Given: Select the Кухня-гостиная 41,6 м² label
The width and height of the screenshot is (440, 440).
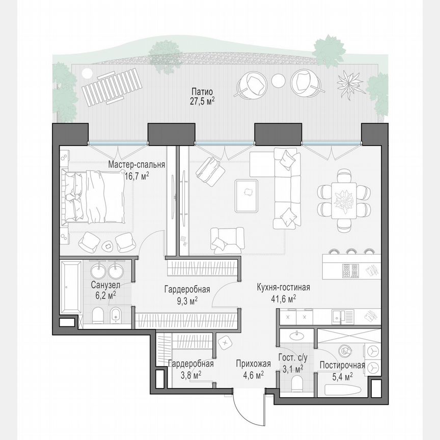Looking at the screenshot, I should pyautogui.click(x=283, y=293).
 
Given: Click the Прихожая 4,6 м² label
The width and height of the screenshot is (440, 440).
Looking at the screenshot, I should pyautogui.click(x=250, y=369).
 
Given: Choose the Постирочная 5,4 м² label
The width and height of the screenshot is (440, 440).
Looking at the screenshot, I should pyautogui.click(x=342, y=370).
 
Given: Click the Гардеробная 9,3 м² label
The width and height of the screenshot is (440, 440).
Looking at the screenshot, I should pyautogui.click(x=187, y=295).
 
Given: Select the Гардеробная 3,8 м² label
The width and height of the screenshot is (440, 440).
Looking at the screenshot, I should pyautogui.click(x=190, y=369).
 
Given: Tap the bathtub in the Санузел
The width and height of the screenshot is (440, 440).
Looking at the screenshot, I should pyautogui.click(x=70, y=289).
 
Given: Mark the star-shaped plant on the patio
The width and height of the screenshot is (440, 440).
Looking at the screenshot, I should pyautogui.click(x=349, y=81).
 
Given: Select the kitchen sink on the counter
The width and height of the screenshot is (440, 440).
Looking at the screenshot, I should pyautogui.click(x=339, y=316).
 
